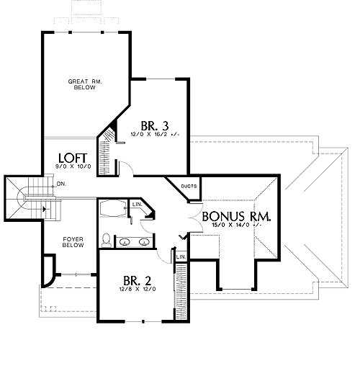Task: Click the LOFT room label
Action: [73, 158]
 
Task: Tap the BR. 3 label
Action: [155, 125]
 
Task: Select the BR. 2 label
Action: [138, 280]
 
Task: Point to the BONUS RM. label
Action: [236, 216]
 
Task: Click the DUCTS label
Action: [189, 186]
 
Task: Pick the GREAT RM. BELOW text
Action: [85, 84]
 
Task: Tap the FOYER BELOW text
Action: [73, 242]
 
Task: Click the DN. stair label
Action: [61, 184]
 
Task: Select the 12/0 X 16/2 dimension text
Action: [155, 134]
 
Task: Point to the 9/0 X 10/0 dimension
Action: [73, 166]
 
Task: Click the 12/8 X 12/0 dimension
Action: [138, 289]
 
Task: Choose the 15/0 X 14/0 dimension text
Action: [236, 225]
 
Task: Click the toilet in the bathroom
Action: [106, 240]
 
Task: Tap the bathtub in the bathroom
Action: [112, 208]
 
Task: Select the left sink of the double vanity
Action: [125, 242]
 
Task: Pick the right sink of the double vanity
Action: [144, 242]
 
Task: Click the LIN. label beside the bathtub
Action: [138, 205]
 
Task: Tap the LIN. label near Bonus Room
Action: [181, 256]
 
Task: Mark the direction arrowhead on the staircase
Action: [44, 209]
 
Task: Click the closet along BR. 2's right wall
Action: [181, 292]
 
